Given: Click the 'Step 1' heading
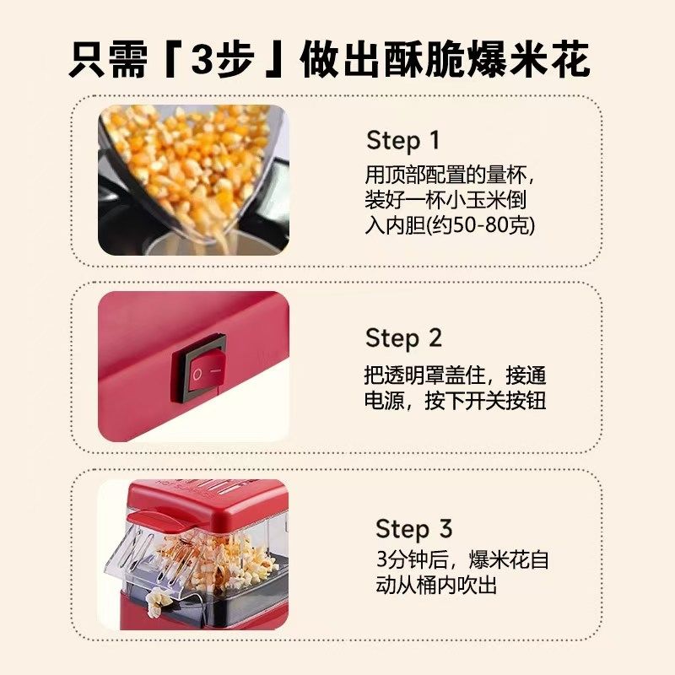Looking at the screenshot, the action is point(403,141).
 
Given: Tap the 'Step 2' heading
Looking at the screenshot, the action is point(404,338).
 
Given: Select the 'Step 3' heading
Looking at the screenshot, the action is point(414,529).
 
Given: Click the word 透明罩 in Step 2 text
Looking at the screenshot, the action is point(414,375).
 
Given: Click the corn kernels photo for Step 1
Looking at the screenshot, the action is point(193,180).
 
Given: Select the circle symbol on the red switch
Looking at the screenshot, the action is point(197,375).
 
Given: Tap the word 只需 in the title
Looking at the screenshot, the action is point(108,59).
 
